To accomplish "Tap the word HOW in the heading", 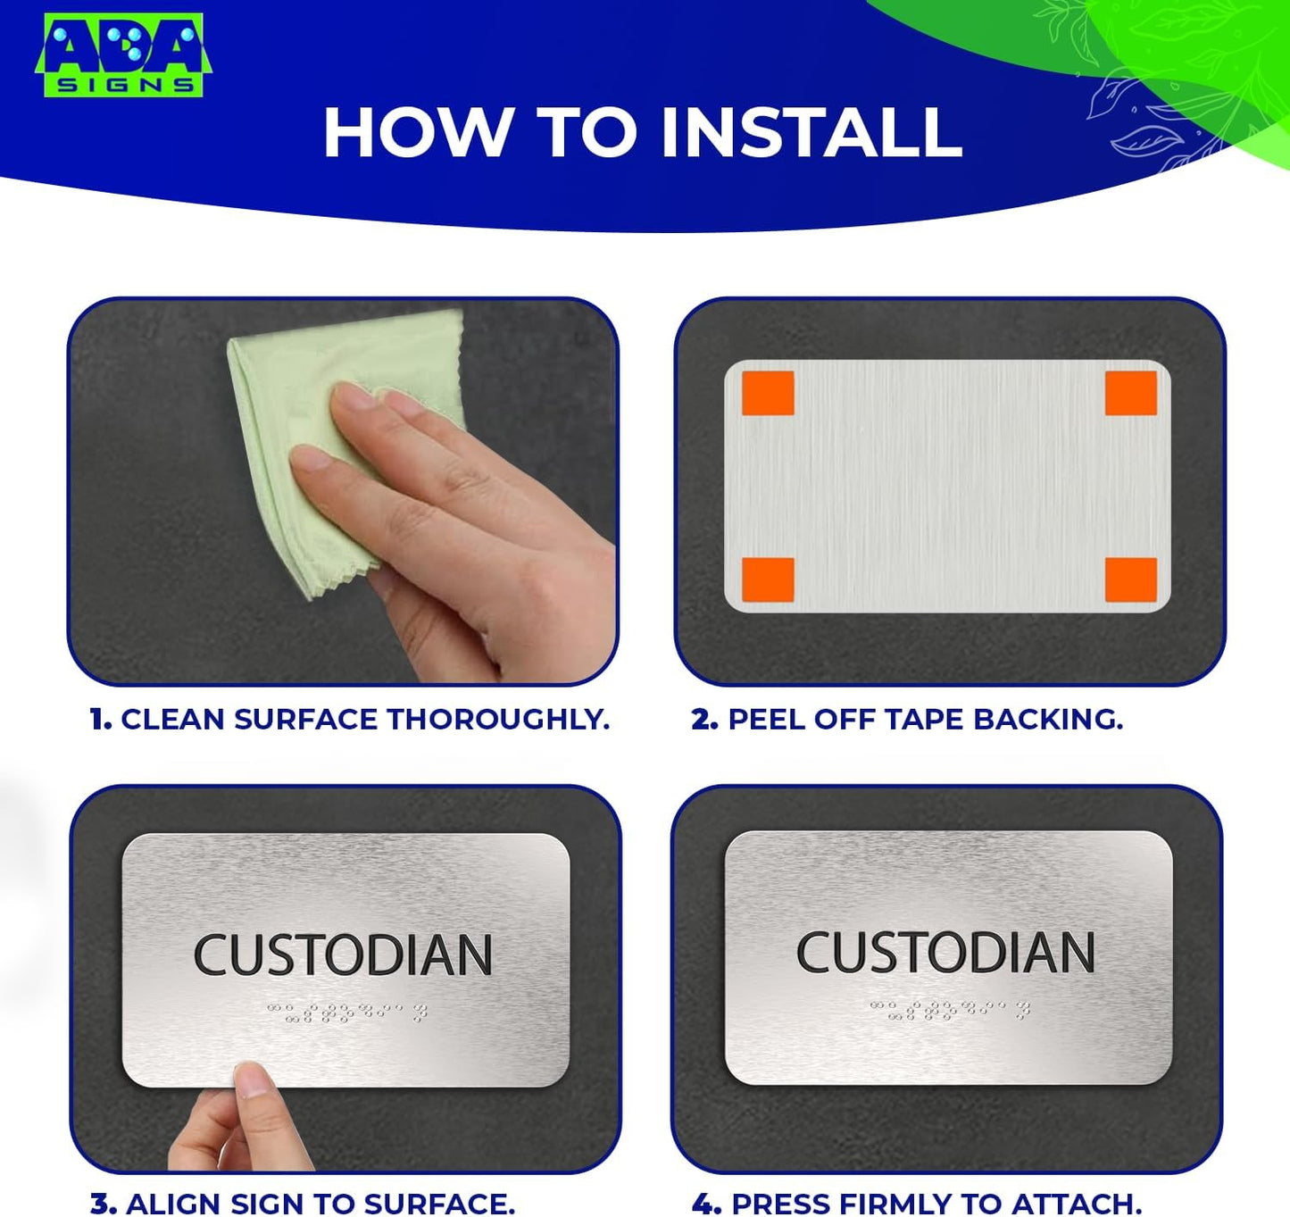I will pyautogui.click(x=416, y=133).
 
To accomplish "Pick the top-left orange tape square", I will pyautogui.click(x=768, y=394).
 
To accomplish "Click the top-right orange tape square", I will pyautogui.click(x=1130, y=394).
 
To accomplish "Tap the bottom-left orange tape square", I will pyautogui.click(x=768, y=579).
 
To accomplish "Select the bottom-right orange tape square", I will pyautogui.click(x=1130, y=579).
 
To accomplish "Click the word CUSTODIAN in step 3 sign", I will pyautogui.click(x=344, y=955).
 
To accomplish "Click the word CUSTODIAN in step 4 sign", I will pyautogui.click(x=945, y=953).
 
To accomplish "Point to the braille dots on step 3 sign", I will pyautogui.click(x=346, y=1013).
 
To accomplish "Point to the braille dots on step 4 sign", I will pyautogui.click(x=949, y=1010).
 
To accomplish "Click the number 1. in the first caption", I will pyautogui.click(x=101, y=720).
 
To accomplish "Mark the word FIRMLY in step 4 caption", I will pyautogui.click(x=907, y=1204).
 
